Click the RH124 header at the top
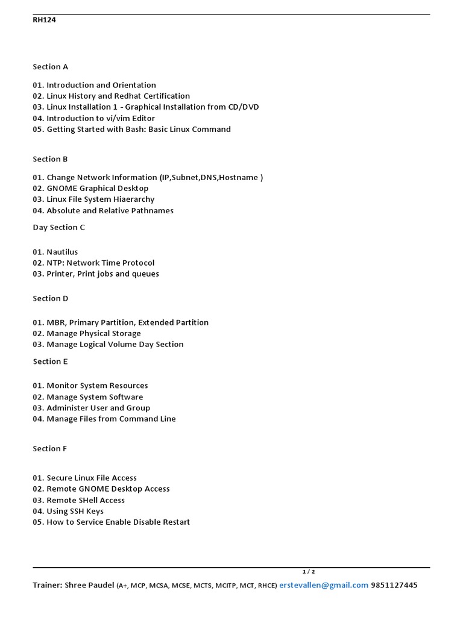[x=44, y=20]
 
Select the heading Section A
[x=50, y=66]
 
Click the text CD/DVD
[x=243, y=107]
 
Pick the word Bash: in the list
[x=133, y=129]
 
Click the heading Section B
[x=50, y=159]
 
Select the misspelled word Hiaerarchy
[x=134, y=199]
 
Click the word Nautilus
[x=62, y=252]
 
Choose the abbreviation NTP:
[x=55, y=263]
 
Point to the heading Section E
[x=50, y=362]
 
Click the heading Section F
[x=50, y=449]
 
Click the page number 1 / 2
[x=309, y=572]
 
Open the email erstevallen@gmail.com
[x=324, y=585]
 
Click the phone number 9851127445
[x=394, y=585]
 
